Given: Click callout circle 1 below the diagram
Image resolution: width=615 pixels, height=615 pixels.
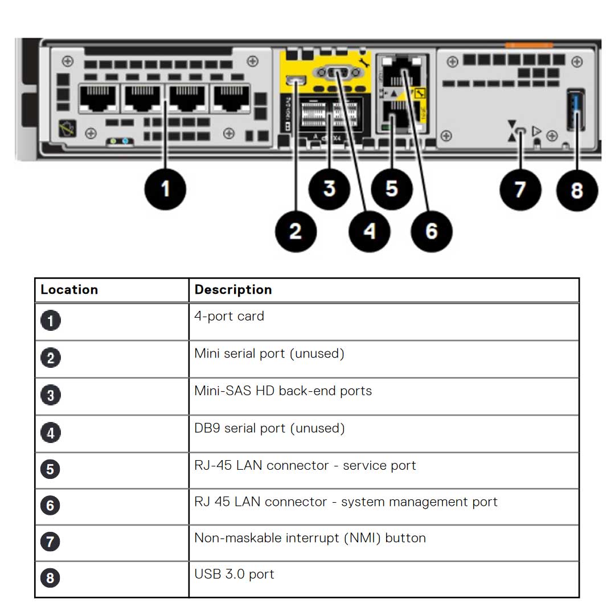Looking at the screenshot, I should click(165, 188).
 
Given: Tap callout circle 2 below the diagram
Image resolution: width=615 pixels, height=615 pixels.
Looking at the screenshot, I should click(296, 231).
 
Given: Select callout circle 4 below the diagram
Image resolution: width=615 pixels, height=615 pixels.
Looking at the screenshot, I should click(370, 231).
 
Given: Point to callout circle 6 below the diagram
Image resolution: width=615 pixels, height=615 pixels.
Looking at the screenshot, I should click(432, 231).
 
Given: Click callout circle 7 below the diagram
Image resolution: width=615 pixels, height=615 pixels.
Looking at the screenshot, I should click(520, 188).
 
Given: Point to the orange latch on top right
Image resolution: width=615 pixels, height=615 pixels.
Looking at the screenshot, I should click(528, 45).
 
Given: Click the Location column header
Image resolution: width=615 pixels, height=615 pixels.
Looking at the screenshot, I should click(69, 290).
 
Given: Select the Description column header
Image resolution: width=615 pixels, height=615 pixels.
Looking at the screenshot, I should click(233, 290).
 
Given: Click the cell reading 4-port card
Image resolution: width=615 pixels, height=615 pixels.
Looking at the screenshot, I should click(229, 316).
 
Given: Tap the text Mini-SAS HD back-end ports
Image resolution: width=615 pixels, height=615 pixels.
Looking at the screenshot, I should click(283, 391).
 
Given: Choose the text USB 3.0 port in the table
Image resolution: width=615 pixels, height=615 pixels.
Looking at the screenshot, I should click(234, 574).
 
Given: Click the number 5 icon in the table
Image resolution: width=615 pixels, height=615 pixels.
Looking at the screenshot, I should click(50, 469).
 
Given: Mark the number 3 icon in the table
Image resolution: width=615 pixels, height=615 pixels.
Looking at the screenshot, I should click(50, 395).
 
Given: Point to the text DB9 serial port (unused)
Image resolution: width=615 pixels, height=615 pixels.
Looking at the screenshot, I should click(269, 428).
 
